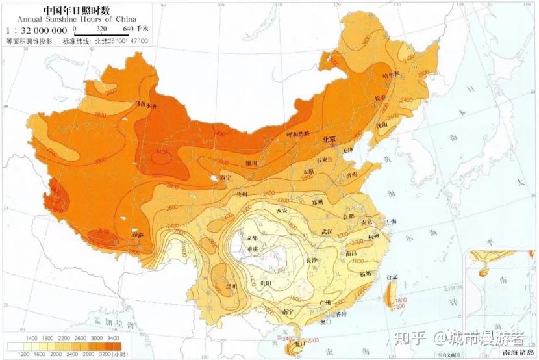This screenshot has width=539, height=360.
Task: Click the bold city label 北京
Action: click(x=329, y=140)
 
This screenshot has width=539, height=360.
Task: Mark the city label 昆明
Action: click(x=231, y=286)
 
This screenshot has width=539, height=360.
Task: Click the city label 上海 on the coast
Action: click(x=391, y=222)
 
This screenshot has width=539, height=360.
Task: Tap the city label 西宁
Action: click(x=225, y=177)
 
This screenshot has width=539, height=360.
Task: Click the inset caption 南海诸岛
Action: click(x=516, y=353)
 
